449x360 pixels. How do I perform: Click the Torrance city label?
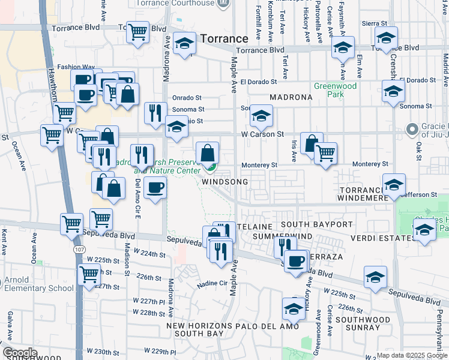click(x=224, y=38)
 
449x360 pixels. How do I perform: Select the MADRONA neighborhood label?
click(x=291, y=97)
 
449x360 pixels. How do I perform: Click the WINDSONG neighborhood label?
click(x=225, y=181)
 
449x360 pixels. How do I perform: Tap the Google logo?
click(x=20, y=353)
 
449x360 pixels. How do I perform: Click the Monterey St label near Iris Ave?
click(x=259, y=165)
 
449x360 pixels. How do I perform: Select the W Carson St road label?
click(x=262, y=134)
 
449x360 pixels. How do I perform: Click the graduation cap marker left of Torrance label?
click(x=185, y=44)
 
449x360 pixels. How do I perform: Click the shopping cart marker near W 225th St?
click(x=89, y=275)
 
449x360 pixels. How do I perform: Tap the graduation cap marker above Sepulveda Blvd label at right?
click(x=376, y=278)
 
